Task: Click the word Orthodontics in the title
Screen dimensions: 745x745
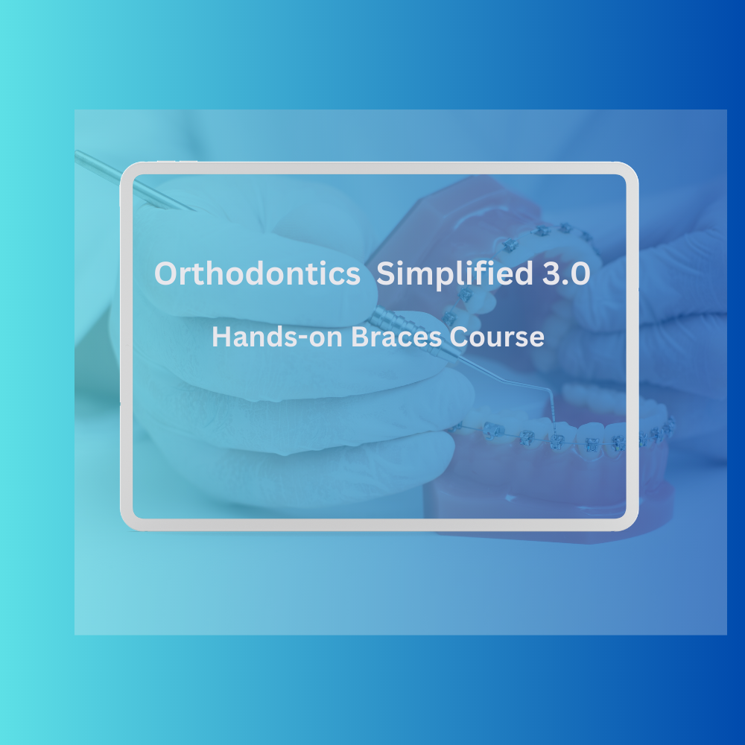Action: pos(257,273)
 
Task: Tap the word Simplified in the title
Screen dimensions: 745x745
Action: pos(454,274)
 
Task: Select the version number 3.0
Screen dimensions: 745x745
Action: pos(566,273)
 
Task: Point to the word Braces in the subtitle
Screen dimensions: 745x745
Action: pos(396,337)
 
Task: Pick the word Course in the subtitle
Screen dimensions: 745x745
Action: pos(496,337)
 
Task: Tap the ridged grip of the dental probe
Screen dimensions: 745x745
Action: pos(404,327)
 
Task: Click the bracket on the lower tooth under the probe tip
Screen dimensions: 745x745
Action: pos(557,442)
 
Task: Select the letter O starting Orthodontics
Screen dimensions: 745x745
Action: pos(166,273)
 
